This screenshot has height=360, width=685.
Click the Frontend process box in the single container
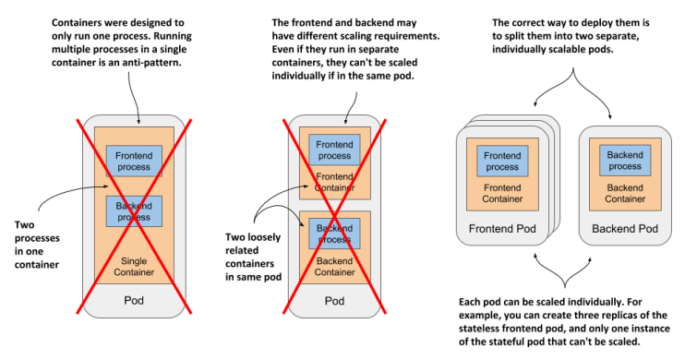134,162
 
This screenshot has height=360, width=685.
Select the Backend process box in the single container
134,211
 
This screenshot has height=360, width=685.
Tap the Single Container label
134,267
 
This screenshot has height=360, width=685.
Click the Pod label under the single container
134,301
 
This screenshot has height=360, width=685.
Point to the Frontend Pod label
502,229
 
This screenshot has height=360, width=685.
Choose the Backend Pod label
625,229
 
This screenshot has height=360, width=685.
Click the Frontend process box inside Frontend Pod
502,162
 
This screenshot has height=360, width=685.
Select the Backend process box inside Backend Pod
625,161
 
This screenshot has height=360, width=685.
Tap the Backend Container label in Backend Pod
625,194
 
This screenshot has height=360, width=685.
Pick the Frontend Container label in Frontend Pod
502,194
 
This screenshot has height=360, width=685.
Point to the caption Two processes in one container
37,245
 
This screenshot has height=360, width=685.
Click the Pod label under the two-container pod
334,301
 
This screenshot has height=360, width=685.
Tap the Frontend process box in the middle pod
334,150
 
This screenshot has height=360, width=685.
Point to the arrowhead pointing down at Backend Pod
610,116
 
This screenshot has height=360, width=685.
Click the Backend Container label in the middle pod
334,267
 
